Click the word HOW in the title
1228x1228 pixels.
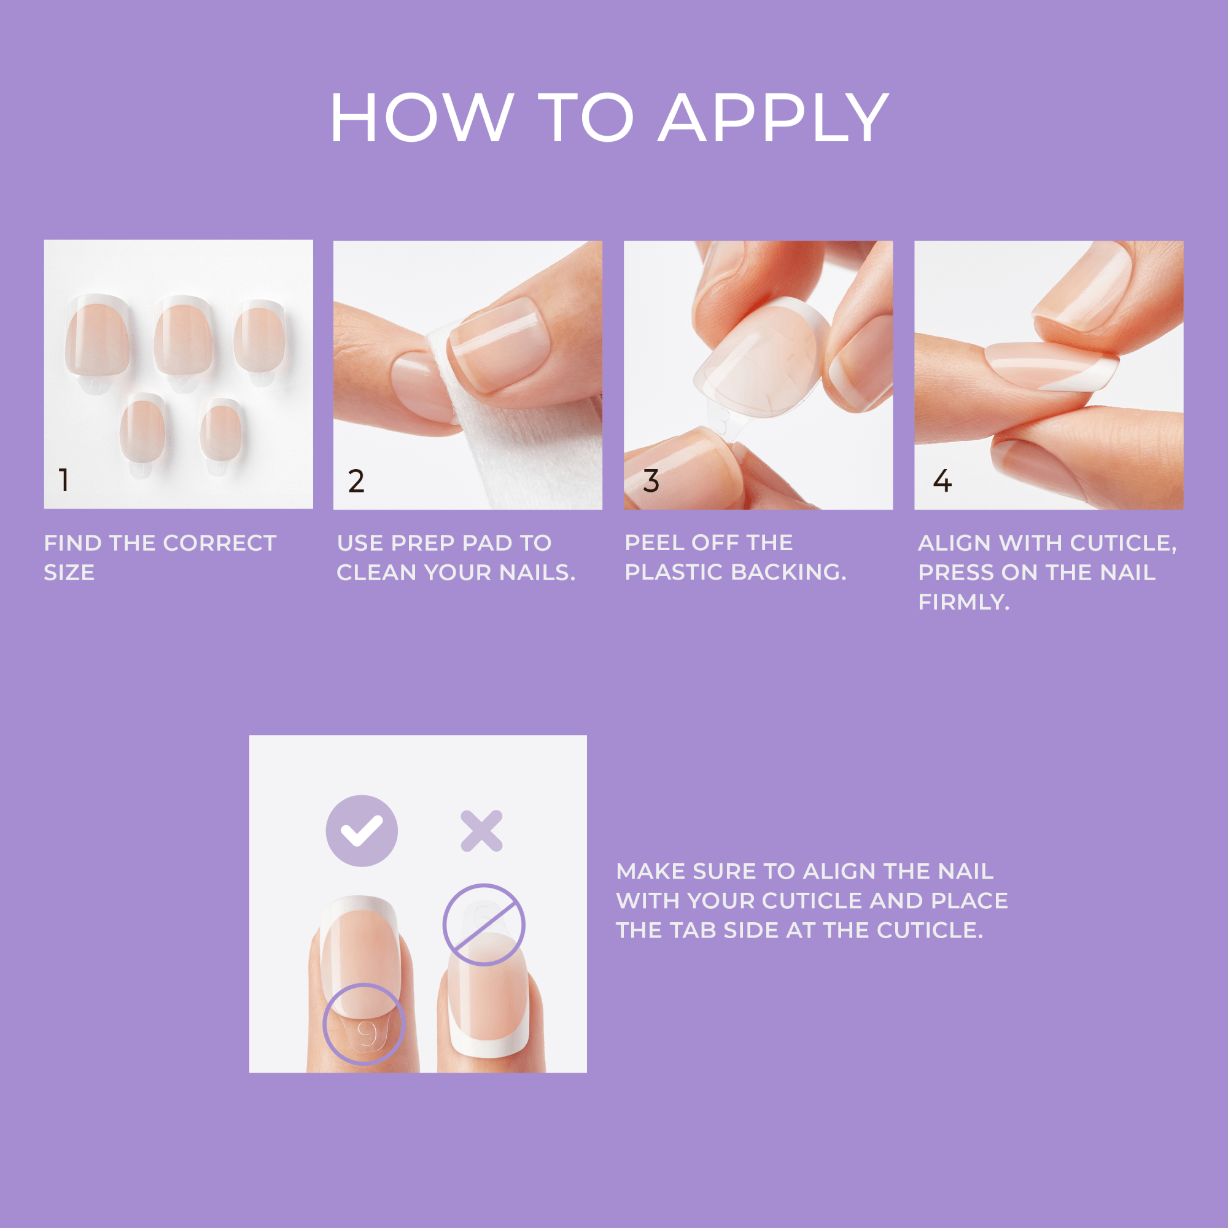coord(421,119)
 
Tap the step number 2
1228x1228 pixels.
coord(356,481)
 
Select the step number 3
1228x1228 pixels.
coord(651,481)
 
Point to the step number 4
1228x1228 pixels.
coord(942,481)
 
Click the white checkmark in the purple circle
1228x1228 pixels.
coord(362,831)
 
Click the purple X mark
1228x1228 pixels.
coord(481,831)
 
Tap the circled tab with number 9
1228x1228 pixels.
coord(364,1024)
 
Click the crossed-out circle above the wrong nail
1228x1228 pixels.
coord(484,925)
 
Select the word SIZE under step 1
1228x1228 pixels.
coord(69,573)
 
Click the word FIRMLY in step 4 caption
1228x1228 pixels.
coord(963,602)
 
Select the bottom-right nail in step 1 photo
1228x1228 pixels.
coord(220,432)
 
